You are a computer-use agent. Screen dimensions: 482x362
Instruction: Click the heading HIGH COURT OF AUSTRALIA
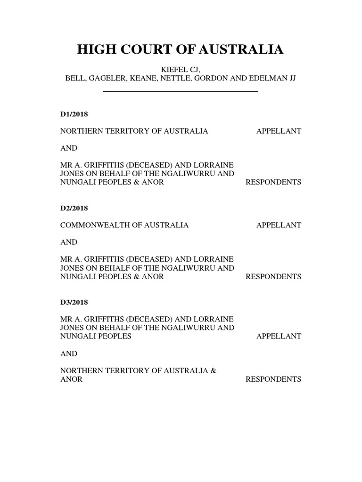pyautogui.click(x=181, y=49)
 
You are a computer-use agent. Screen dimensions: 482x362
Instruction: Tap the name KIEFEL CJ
pyautogui.click(x=181, y=70)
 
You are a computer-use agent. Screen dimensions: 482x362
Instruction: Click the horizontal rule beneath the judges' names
pyautogui.click(x=181, y=91)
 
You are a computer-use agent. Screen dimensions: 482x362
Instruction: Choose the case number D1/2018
pyautogui.click(x=74, y=114)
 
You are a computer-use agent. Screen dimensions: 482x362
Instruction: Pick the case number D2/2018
pyautogui.click(x=74, y=208)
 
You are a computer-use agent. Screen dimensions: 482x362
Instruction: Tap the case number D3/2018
pyautogui.click(x=74, y=302)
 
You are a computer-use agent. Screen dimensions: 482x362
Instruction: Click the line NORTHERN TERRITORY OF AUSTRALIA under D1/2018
pyautogui.click(x=134, y=131)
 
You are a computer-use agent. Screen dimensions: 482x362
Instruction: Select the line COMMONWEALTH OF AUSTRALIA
pyautogui.click(x=124, y=225)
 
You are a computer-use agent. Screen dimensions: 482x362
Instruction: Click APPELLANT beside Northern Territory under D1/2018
pyautogui.click(x=279, y=131)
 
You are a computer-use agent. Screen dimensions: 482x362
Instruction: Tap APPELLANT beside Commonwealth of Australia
pyautogui.click(x=279, y=225)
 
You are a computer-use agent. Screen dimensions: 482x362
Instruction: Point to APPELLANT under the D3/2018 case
pyautogui.click(x=279, y=336)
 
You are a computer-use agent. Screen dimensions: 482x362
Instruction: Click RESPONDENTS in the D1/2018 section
pyautogui.click(x=273, y=182)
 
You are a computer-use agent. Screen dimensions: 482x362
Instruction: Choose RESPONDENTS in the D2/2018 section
pyautogui.click(x=273, y=276)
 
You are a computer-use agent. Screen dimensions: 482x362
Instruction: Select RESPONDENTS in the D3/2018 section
pyautogui.click(x=273, y=379)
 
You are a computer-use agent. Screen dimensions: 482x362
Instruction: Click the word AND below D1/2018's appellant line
pyautogui.click(x=69, y=148)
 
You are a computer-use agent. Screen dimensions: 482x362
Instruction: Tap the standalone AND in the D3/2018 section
pyautogui.click(x=69, y=353)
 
